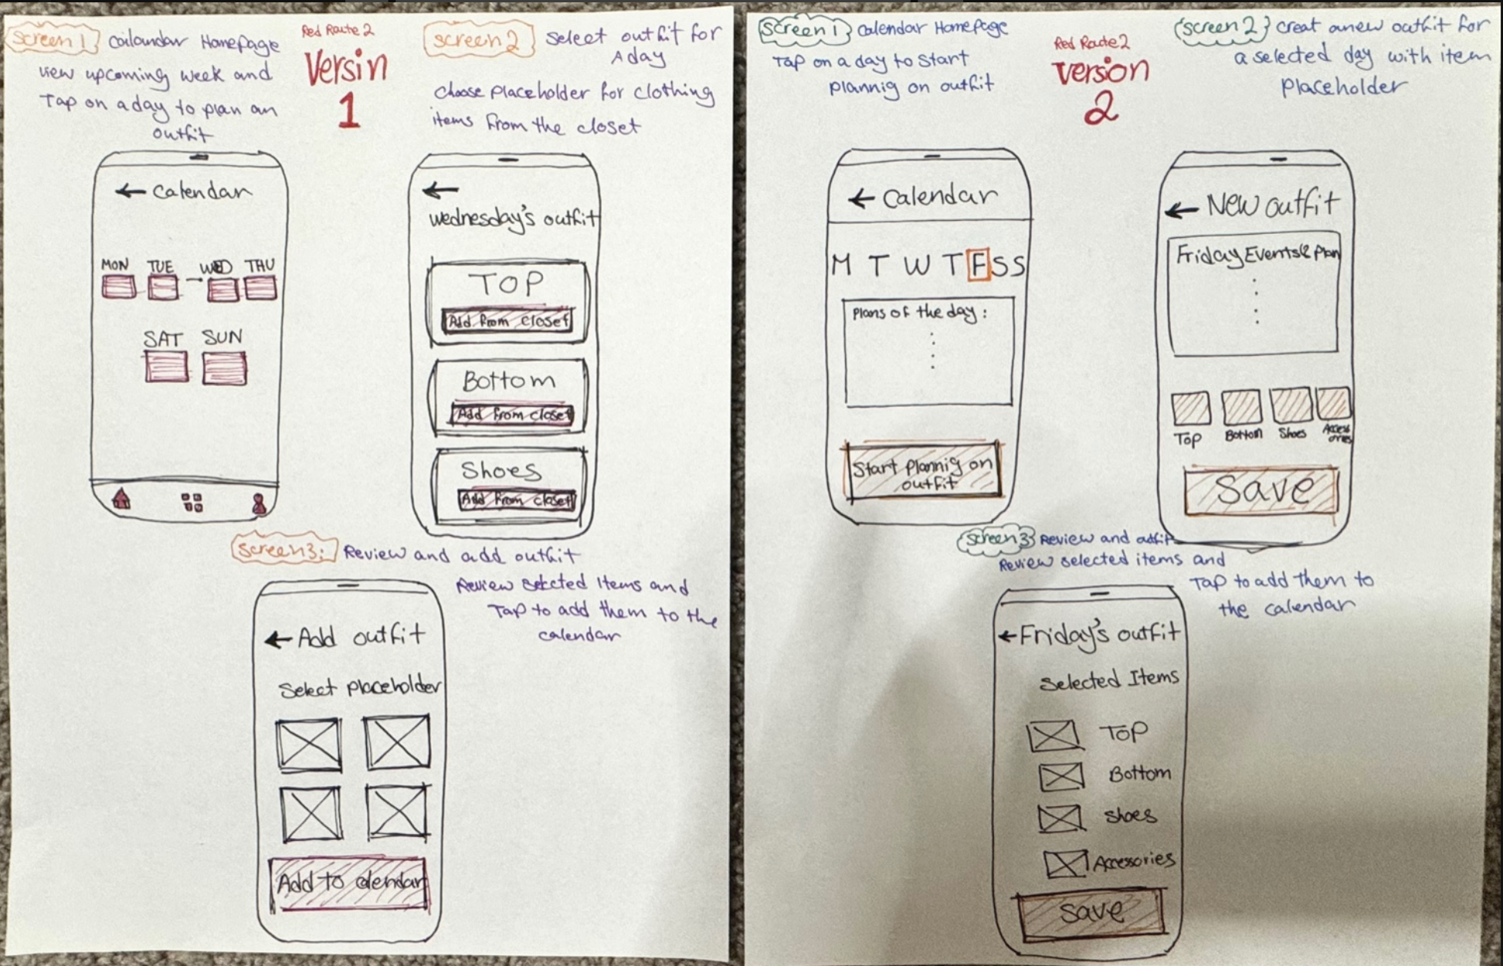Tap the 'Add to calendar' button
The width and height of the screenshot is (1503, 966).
[x=349, y=883]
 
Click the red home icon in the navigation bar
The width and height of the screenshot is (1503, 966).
[x=121, y=500]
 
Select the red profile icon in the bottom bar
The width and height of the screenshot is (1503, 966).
[x=260, y=503]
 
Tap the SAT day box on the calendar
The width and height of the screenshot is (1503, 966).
[x=165, y=366]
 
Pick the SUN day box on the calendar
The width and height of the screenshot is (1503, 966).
[x=224, y=368]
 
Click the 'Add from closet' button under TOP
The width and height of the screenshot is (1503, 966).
[x=507, y=320]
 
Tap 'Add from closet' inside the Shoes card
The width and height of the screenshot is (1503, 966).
[x=517, y=500]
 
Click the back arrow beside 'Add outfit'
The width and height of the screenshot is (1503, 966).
[x=277, y=639]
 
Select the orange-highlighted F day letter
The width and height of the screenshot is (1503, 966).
[x=979, y=265]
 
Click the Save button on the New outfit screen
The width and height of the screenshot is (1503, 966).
[x=1260, y=490]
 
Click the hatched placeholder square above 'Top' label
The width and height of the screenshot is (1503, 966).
[x=1190, y=408]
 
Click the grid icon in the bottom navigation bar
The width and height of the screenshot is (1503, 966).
[x=192, y=503]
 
